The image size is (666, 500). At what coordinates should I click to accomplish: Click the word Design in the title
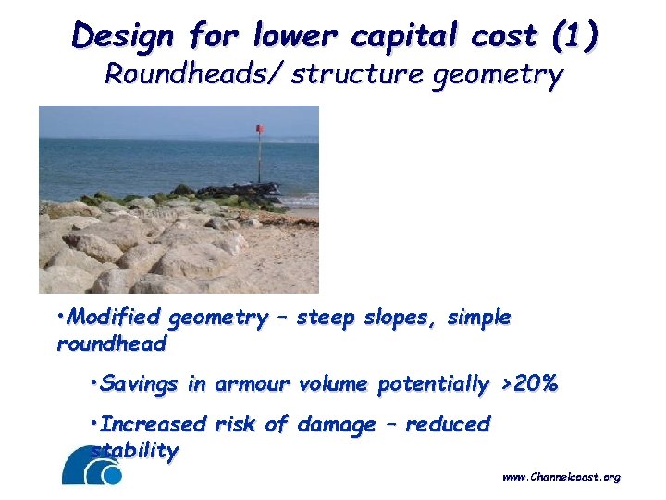122,36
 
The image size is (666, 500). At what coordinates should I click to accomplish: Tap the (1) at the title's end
573,36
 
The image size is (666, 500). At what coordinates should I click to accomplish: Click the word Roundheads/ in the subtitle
194,74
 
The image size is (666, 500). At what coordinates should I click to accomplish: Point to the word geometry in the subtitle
500,75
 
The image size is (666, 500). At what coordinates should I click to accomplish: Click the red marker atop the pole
261,129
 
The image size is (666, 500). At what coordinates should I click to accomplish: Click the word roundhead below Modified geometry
111,344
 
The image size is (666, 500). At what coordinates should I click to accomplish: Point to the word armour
253,383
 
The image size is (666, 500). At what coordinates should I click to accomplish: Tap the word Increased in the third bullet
153,424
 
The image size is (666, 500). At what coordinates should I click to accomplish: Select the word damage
336,424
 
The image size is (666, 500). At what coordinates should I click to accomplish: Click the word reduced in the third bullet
448,424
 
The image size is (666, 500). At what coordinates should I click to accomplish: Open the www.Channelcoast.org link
561,478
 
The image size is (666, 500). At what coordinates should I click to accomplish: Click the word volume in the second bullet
335,383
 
